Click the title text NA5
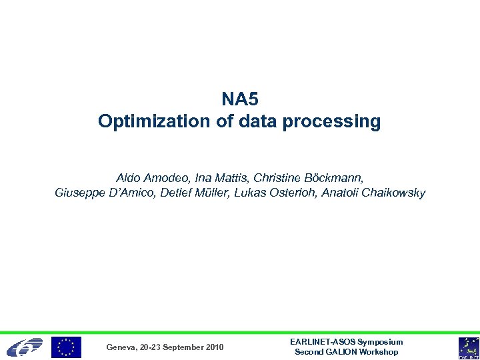pos(239,99)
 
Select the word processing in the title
pos(338,122)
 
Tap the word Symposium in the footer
pos(381,342)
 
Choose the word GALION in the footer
pos(340,352)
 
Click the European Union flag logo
pos(67,347)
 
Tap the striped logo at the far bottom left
pos(24,347)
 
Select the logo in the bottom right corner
pos(467,347)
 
